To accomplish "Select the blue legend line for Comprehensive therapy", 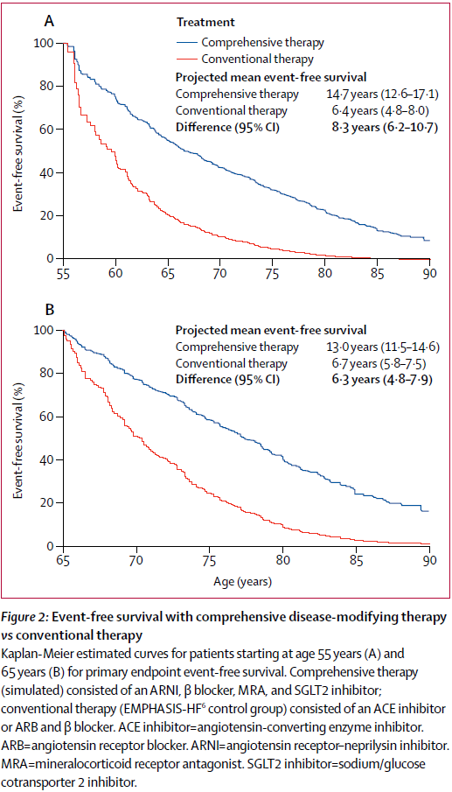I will tap(187, 41).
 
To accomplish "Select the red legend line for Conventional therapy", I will tap(187, 59).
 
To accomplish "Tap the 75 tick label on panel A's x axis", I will tap(273, 273).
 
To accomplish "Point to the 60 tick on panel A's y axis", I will tap(46, 130).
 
